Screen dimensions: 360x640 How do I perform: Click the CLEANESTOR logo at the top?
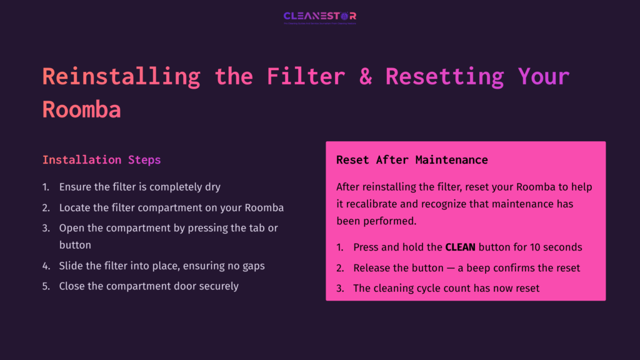click(319, 16)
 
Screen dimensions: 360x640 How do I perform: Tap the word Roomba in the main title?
click(81, 109)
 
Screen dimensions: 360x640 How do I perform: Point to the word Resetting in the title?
click(444, 76)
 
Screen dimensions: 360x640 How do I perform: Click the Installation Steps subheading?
click(101, 160)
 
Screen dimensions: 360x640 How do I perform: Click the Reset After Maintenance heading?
click(412, 160)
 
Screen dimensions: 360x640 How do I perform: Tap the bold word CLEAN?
click(460, 247)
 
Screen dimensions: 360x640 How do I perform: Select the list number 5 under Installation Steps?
click(45, 286)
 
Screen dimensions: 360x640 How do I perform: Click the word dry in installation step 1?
click(212, 187)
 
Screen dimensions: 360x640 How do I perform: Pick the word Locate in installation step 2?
click(75, 207)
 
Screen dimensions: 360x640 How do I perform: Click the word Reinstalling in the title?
click(121, 76)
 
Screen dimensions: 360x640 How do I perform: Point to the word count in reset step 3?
click(461, 288)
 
